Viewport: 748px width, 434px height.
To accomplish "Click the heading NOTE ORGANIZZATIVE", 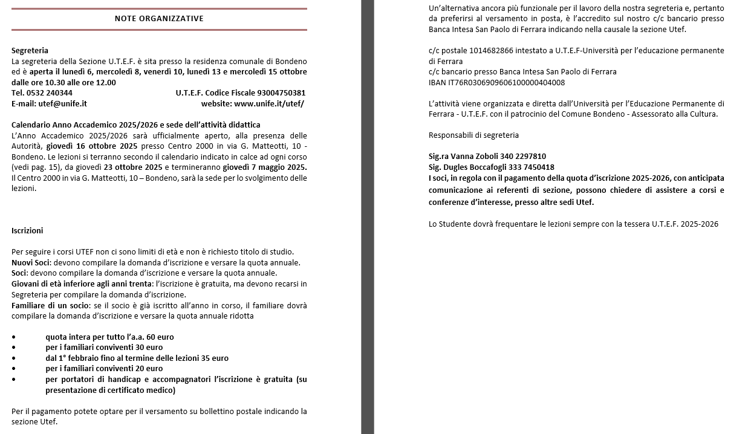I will point(159,19).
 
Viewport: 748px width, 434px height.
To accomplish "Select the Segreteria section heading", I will point(30,51).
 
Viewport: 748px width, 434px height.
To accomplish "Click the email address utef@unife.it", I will point(63,103).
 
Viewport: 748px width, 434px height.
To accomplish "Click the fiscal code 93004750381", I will point(281,93).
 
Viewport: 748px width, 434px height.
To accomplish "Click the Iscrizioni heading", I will point(27,230).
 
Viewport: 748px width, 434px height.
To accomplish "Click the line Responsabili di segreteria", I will point(473,135).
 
